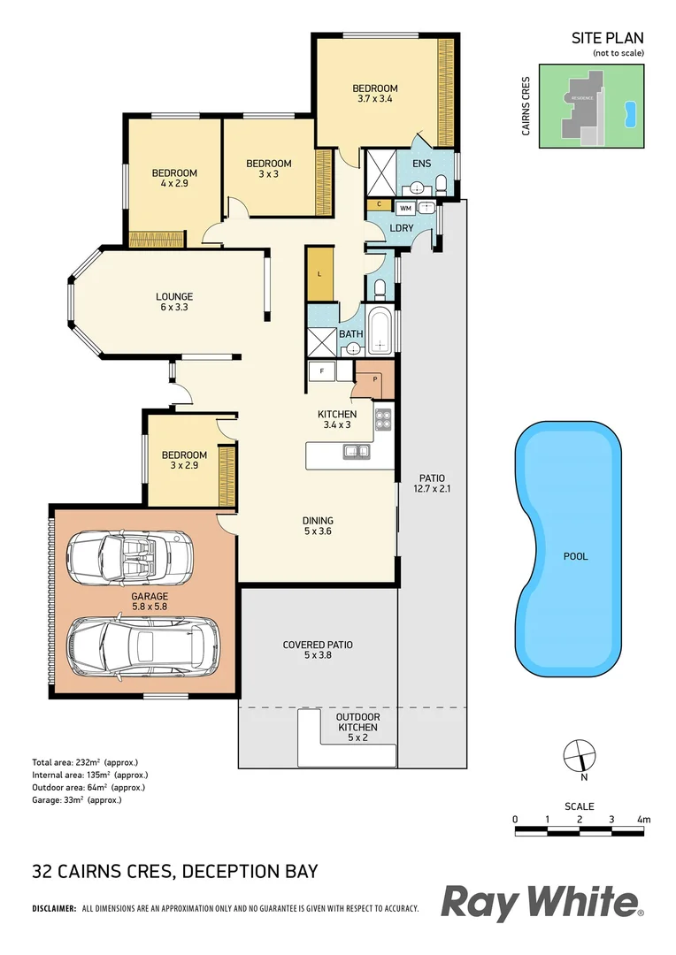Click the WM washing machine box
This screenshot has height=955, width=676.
click(405, 208)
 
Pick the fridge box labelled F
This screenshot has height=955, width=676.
click(320, 372)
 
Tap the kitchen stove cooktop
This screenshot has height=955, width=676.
click(384, 421)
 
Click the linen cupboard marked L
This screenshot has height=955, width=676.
click(318, 273)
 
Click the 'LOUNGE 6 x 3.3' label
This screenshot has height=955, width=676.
click(174, 302)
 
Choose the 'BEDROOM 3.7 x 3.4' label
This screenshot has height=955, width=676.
click(375, 94)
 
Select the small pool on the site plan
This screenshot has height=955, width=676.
click(630, 112)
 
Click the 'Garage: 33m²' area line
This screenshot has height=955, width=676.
click(76, 799)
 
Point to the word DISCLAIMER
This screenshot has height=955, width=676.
click(54, 909)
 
